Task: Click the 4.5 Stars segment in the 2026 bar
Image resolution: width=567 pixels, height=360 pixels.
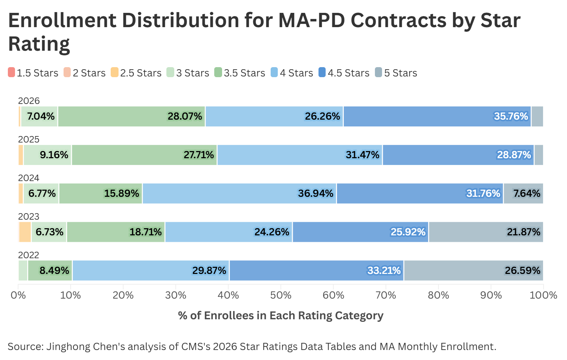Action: tap(437, 116)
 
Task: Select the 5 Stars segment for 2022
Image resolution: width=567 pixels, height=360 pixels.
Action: tap(473, 271)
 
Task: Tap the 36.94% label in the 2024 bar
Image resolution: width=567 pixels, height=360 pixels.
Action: tap(315, 194)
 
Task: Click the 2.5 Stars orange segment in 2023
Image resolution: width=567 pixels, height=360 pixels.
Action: tap(25, 232)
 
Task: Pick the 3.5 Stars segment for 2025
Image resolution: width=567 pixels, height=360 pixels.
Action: tap(144, 155)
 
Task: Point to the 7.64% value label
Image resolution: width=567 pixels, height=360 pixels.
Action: tap(526, 194)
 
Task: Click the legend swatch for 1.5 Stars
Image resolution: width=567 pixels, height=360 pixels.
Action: tap(11, 72)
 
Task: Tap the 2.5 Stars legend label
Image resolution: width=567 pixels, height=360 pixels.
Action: tap(141, 73)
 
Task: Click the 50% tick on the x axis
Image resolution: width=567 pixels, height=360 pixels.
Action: tap(281, 295)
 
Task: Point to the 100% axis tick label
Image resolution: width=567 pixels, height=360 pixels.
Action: tap(543, 295)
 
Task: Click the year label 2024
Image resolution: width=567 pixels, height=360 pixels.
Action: tap(29, 178)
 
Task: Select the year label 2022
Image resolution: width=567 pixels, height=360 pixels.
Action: tap(29, 255)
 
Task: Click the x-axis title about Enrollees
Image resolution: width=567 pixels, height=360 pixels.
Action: tap(281, 316)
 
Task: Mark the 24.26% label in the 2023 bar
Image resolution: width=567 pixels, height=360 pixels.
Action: tap(271, 232)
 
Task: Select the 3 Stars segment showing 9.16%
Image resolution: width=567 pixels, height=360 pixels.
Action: tap(47, 155)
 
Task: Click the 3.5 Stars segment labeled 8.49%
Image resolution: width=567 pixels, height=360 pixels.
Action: tap(50, 271)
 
